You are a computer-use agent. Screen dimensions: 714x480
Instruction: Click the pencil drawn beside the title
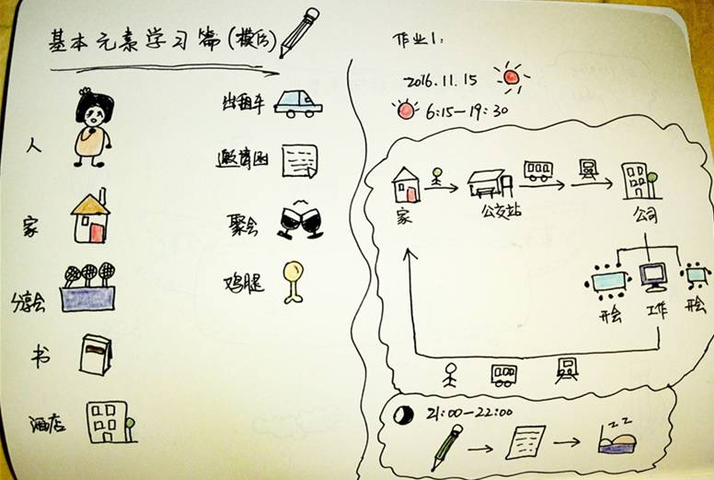click(300, 32)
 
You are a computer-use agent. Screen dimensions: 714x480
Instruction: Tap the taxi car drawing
click(298, 103)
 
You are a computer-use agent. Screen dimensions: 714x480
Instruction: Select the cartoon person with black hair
click(92, 127)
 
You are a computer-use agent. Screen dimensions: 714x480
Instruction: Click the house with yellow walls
click(90, 217)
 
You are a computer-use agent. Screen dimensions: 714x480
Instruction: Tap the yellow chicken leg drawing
click(294, 280)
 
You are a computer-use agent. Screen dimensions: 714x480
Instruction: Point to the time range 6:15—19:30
click(466, 112)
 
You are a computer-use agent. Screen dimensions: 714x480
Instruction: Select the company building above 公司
click(637, 181)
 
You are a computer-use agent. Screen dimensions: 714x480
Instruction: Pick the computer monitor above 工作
click(653, 275)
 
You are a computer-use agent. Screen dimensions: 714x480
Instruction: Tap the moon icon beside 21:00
click(401, 415)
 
